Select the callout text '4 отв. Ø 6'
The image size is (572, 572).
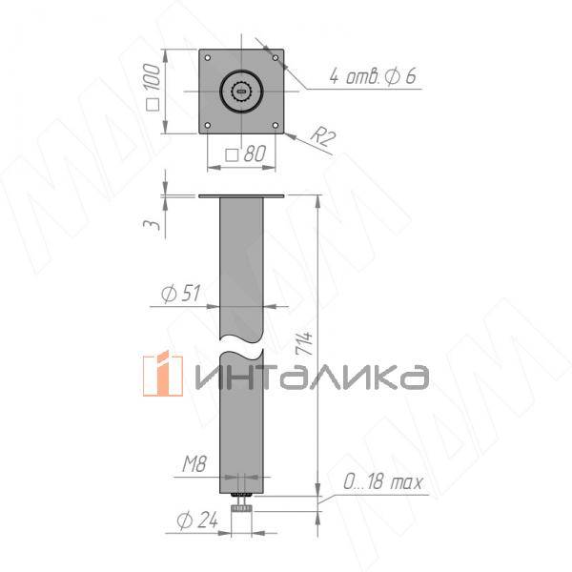pos(372,76)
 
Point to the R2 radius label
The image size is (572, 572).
pos(326,138)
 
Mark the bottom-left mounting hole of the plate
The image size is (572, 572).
pos(209,126)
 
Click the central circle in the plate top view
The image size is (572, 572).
pos(242,92)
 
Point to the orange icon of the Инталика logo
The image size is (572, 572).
pos(162,375)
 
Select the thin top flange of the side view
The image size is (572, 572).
pos(242,196)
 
